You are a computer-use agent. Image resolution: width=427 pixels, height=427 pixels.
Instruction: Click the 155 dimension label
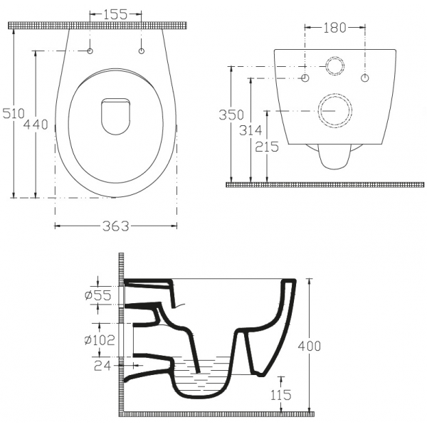[115, 14]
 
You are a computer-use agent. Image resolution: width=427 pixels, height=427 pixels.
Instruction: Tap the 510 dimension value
[14, 113]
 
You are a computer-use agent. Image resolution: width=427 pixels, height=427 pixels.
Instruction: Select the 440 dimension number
[36, 125]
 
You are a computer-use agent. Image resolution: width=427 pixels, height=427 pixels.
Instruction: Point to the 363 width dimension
[116, 226]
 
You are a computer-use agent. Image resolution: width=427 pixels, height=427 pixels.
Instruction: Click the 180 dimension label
[334, 28]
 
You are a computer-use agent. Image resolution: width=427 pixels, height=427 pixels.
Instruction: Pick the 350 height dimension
[231, 115]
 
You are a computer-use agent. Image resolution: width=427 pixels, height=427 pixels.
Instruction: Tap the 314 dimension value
[251, 130]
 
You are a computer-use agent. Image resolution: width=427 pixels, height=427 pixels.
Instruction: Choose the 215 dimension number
[267, 147]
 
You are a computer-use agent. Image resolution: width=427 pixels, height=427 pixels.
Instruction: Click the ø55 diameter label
[98, 295]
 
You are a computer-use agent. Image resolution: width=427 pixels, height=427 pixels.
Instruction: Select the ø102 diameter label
[100, 340]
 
